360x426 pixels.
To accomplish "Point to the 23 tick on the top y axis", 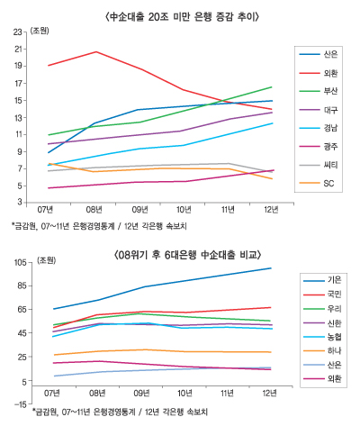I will pos(18,32).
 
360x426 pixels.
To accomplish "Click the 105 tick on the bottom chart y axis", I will pos(16,262).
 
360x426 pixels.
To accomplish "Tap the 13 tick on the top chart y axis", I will pos(18,116).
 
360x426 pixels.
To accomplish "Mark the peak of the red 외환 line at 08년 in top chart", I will pos(96,51).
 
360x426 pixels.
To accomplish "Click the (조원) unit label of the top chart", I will pos(40,31).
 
